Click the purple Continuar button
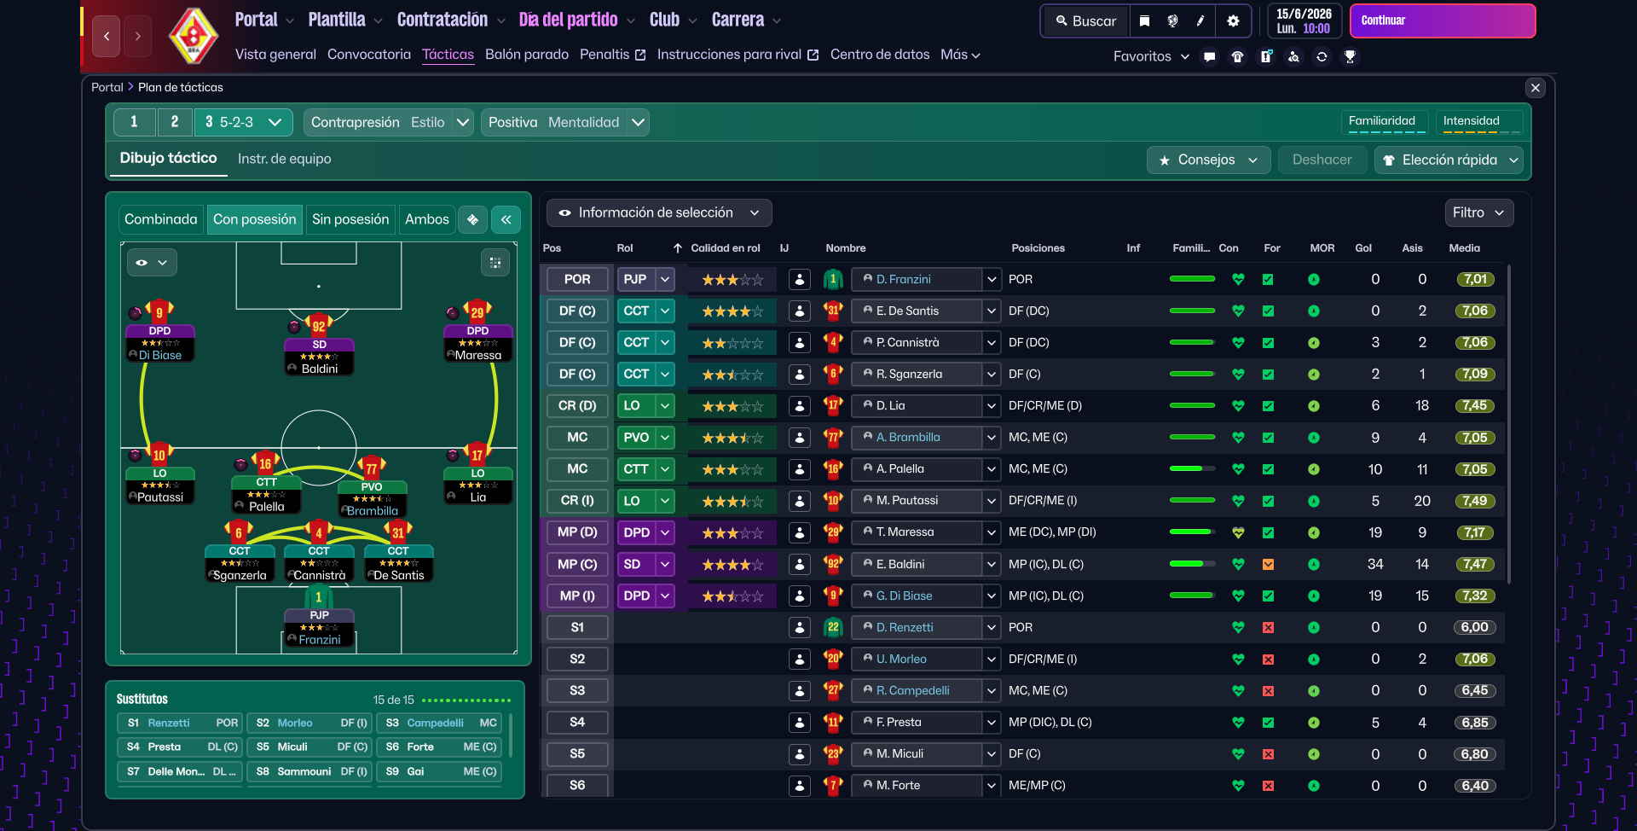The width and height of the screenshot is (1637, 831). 1442,20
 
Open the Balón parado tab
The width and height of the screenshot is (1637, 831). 526,55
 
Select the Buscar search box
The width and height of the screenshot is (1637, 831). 1085,21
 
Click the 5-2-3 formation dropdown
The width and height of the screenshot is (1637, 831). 244,122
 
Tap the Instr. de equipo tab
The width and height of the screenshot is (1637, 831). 284,159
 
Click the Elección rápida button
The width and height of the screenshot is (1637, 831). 1449,160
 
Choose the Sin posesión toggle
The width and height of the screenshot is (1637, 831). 350,219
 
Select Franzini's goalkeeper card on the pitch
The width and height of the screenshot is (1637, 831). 319,627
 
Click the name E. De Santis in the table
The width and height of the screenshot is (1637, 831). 907,311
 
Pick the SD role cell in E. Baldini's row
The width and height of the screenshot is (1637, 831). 633,564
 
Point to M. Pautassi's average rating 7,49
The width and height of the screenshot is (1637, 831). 1474,501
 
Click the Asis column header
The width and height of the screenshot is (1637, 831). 1412,248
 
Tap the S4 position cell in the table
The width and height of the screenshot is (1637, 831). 577,722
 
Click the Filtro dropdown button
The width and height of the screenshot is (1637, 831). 1478,212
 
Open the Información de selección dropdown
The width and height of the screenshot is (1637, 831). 658,212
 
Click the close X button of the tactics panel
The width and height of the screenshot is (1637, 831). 1535,87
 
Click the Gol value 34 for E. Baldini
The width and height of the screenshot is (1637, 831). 1374,564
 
